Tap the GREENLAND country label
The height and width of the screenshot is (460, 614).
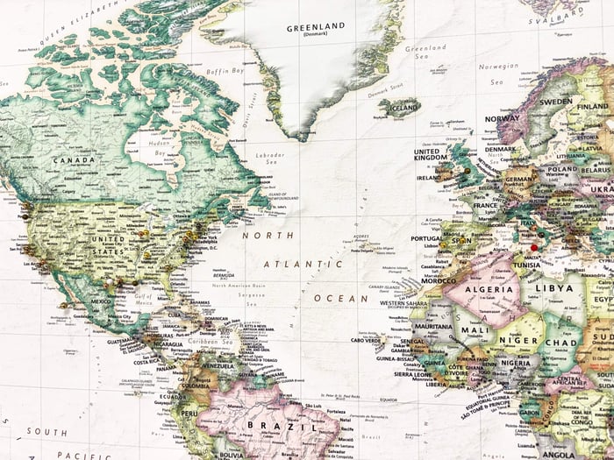[x=315, y=28]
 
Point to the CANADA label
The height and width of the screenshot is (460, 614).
[x=75, y=160]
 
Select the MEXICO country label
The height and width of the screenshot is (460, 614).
[x=99, y=301]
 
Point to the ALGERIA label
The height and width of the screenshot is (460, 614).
[x=488, y=288]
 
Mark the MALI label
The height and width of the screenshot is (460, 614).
[x=475, y=329]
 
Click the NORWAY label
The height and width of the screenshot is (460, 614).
[x=503, y=118]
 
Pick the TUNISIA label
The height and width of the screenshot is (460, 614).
[x=527, y=265]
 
